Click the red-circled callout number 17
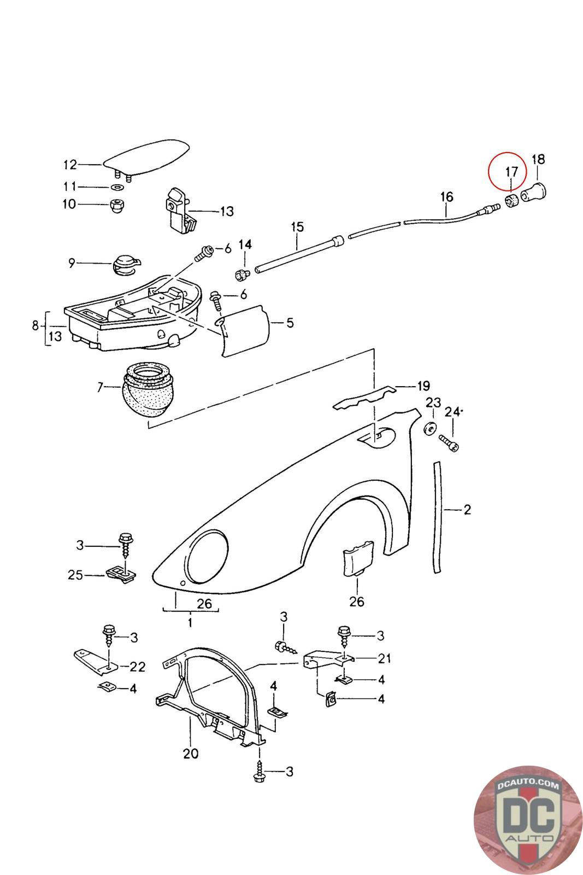(x=511, y=171)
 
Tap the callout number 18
(x=538, y=159)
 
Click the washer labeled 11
(x=116, y=187)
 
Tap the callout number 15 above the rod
(x=297, y=226)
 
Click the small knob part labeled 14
(x=240, y=274)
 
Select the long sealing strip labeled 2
(x=437, y=517)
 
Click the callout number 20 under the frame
(x=191, y=753)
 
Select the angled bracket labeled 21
(x=322, y=658)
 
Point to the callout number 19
(x=423, y=386)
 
